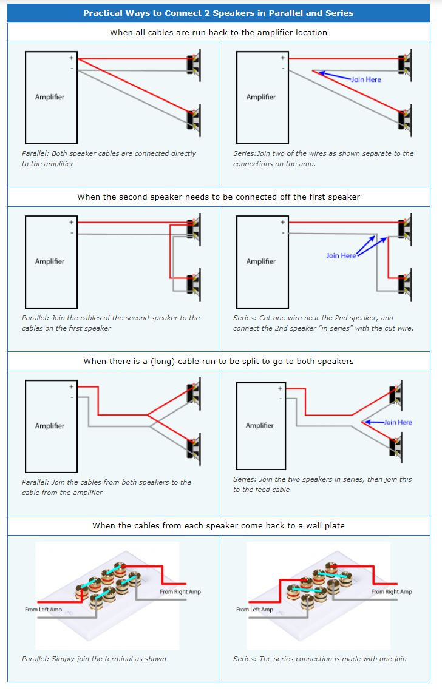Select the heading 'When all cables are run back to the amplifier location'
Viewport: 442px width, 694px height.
(218, 32)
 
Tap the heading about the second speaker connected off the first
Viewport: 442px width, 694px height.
(218, 197)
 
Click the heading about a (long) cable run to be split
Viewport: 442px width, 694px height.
(218, 361)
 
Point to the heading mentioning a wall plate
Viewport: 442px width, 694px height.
(218, 525)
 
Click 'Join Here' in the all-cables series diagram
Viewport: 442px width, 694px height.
(366, 79)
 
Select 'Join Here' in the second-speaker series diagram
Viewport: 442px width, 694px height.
(341, 255)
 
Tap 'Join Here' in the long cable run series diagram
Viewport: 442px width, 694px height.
(398, 422)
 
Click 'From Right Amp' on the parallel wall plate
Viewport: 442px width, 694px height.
(180, 591)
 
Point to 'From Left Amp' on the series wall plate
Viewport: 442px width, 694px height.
(254, 610)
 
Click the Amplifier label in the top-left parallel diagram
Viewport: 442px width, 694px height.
(50, 97)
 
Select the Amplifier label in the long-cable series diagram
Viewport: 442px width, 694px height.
(260, 425)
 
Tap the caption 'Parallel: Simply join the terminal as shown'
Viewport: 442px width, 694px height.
(93, 658)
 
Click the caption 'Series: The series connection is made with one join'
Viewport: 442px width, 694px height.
(319, 658)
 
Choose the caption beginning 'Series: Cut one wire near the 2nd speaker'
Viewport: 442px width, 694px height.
(322, 323)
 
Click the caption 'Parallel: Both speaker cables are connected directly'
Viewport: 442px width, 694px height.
(109, 158)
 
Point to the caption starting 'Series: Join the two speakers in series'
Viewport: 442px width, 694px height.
(322, 484)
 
